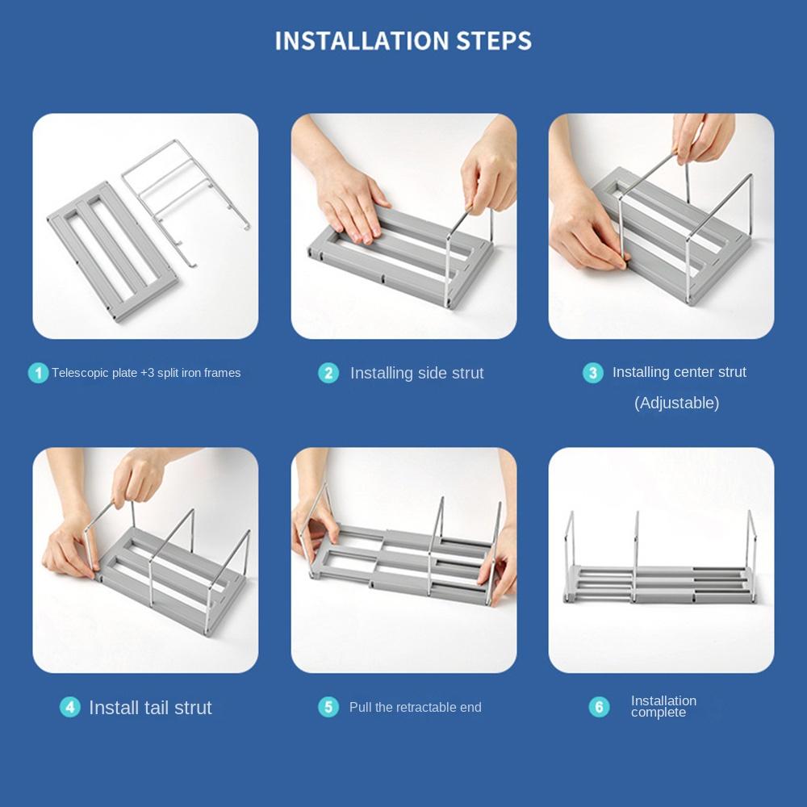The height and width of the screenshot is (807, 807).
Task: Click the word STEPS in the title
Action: pos(494,41)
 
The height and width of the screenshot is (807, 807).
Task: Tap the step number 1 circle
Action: pos(38,373)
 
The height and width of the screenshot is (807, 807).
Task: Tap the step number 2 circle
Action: pos(328,373)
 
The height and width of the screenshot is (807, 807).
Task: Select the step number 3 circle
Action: pos(593,373)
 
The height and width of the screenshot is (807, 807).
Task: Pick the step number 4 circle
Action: pos(70,707)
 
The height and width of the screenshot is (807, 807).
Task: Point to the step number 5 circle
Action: pos(328,707)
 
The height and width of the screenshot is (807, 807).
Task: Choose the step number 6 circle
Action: pos(599,707)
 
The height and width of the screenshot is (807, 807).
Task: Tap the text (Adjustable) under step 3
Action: pos(677,403)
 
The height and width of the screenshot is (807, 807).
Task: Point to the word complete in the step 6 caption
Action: pos(659,713)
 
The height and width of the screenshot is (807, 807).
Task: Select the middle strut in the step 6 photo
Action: pos(636,556)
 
